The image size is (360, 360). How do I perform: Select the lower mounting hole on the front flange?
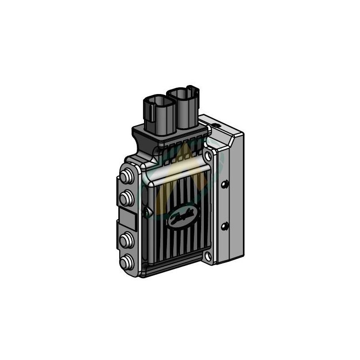click(208, 256)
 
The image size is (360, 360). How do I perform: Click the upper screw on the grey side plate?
click(225, 183)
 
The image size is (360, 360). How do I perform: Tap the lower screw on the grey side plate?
click(225, 225)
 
